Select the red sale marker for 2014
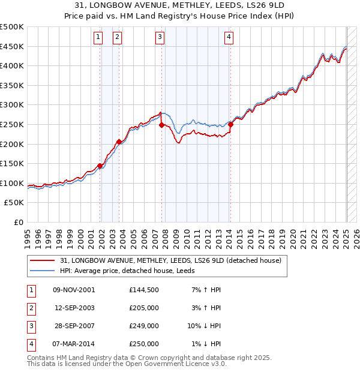pyautogui.click(x=230, y=124)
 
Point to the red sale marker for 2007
pyautogui.click(x=161, y=125)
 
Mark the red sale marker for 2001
pyautogui.click(x=100, y=166)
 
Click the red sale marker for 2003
pyautogui.click(x=119, y=142)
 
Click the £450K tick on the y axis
pyautogui.click(x=12, y=46)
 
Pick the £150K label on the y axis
pyautogui.click(x=12, y=163)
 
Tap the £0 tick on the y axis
pyautogui.click(x=18, y=222)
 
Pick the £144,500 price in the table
pyautogui.click(x=144, y=289)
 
